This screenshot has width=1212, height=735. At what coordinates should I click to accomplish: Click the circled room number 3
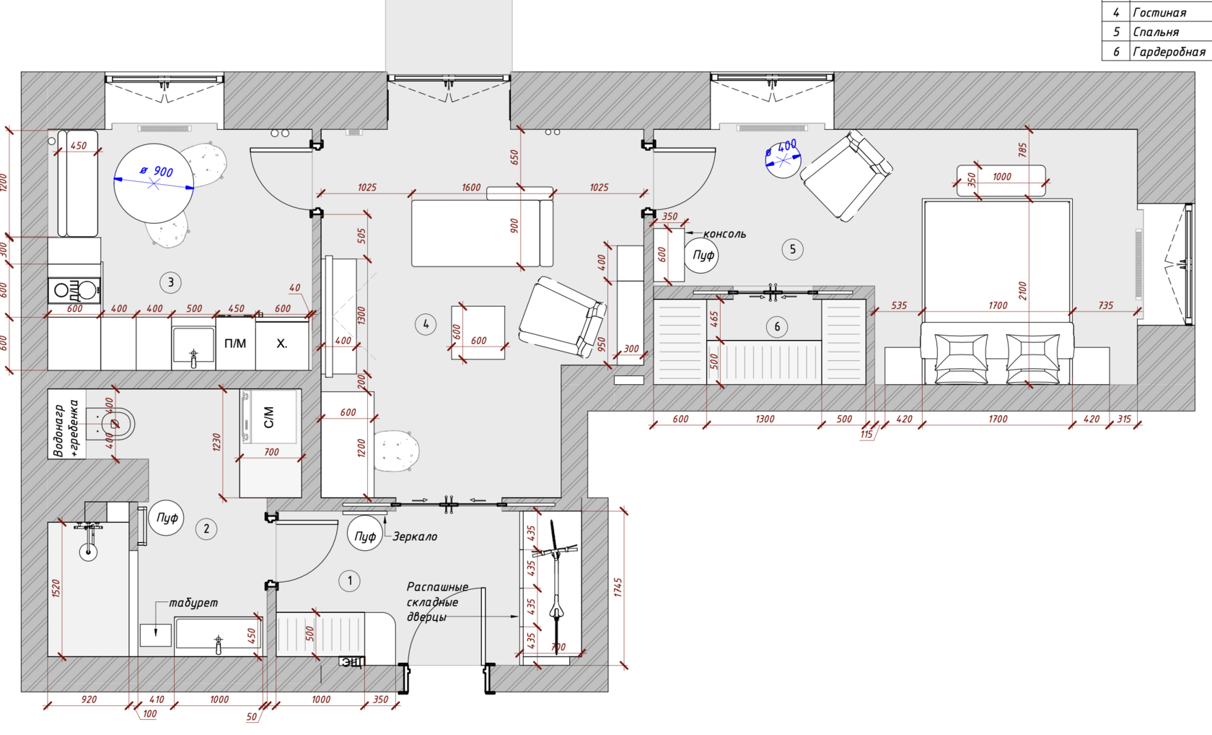[x=170, y=282]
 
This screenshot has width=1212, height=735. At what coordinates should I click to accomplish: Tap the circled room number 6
[x=777, y=326]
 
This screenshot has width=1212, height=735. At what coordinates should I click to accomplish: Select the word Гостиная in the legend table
[x=1159, y=12]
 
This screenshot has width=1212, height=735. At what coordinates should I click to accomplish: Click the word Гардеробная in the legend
[x=1169, y=51]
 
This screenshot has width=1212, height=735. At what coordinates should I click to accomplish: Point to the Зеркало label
[x=415, y=536]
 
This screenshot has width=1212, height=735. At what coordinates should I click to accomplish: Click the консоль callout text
[x=724, y=234]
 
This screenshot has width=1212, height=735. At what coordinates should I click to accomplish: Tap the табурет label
[x=193, y=603]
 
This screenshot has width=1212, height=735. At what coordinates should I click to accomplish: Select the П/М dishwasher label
[x=235, y=344]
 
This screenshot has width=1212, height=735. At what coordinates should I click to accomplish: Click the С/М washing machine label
[x=268, y=417]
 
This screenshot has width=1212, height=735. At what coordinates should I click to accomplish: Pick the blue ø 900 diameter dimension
[x=157, y=171]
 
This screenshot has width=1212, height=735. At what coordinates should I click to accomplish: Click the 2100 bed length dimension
[x=1022, y=290]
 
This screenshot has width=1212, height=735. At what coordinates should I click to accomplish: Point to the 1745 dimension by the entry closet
[x=618, y=587]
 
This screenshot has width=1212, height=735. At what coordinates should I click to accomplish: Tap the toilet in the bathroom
[x=115, y=424]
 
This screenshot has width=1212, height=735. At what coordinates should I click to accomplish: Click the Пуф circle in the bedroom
[x=703, y=255]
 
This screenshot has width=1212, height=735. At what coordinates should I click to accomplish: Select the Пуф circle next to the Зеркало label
[x=365, y=536]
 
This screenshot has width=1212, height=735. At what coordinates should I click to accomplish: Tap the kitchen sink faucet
[x=193, y=357]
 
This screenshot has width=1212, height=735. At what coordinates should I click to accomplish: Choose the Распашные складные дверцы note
[x=437, y=601]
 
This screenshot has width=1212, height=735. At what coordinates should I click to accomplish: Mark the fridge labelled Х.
[x=282, y=344]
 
